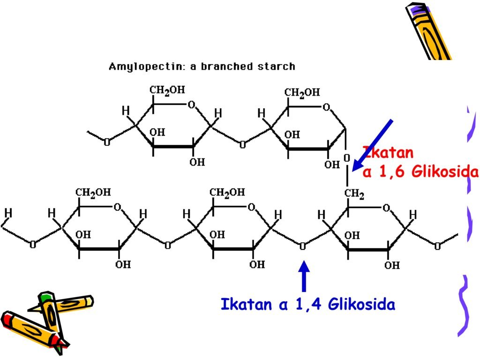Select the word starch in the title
coord(277,67)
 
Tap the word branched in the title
coord(226,67)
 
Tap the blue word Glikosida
coord(361,305)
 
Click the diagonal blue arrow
coord(374,143)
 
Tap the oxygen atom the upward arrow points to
coord(303,245)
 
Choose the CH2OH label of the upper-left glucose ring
coord(167,90)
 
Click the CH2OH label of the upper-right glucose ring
coord(303,92)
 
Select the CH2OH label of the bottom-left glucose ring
coord(94,192)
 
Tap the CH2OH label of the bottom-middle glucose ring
coord(227,192)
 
